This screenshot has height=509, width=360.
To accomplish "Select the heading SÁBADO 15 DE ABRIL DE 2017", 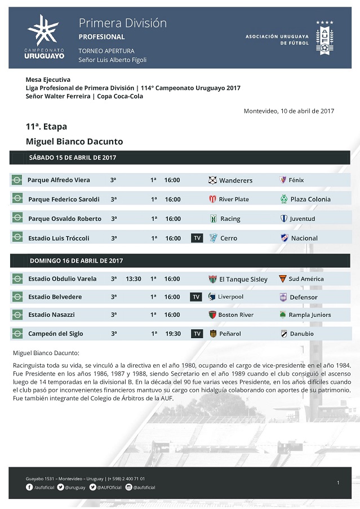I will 73,158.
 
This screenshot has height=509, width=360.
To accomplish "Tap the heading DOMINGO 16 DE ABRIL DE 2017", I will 76,261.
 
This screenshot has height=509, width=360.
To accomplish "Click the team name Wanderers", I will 235,180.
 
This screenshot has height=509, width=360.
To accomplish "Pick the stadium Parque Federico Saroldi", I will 64,200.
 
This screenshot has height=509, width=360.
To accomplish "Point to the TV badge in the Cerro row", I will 197,238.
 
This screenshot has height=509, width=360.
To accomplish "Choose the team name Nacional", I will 304,238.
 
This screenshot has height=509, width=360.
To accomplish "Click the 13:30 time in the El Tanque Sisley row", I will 134,279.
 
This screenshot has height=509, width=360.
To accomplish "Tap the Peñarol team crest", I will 213,334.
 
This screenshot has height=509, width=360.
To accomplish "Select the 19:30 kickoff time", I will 173,334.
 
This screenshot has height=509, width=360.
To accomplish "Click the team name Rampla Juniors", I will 310,315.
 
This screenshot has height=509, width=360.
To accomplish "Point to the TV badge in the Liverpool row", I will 196,297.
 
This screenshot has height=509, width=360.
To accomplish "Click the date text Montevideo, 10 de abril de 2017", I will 288,111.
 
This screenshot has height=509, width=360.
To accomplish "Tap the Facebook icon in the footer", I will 29,487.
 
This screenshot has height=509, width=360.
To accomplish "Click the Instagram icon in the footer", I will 128,487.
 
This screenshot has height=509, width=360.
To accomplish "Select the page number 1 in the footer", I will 338,483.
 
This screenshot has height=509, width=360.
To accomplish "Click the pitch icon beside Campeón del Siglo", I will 17,334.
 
